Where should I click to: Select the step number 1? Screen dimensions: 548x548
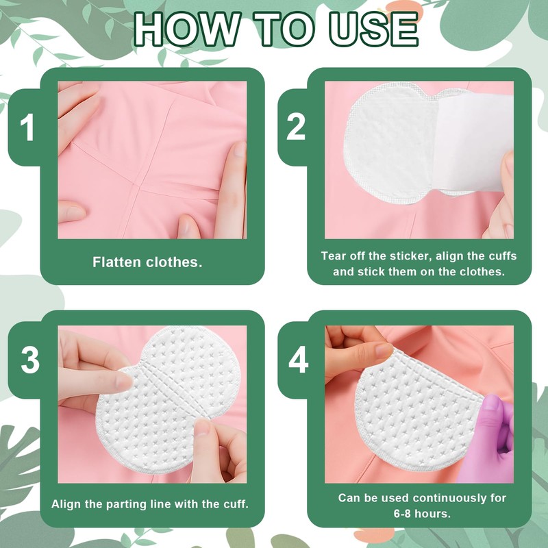tap(27, 127)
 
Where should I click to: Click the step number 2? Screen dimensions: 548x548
tap(296, 127)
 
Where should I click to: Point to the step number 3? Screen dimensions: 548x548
tap(30, 360)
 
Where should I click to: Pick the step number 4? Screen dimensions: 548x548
tap(298, 360)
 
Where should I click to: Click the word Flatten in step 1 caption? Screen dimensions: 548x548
tap(116, 262)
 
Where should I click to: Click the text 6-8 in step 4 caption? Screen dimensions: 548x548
tap(403, 513)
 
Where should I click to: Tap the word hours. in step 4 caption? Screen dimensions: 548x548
tap(433, 513)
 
